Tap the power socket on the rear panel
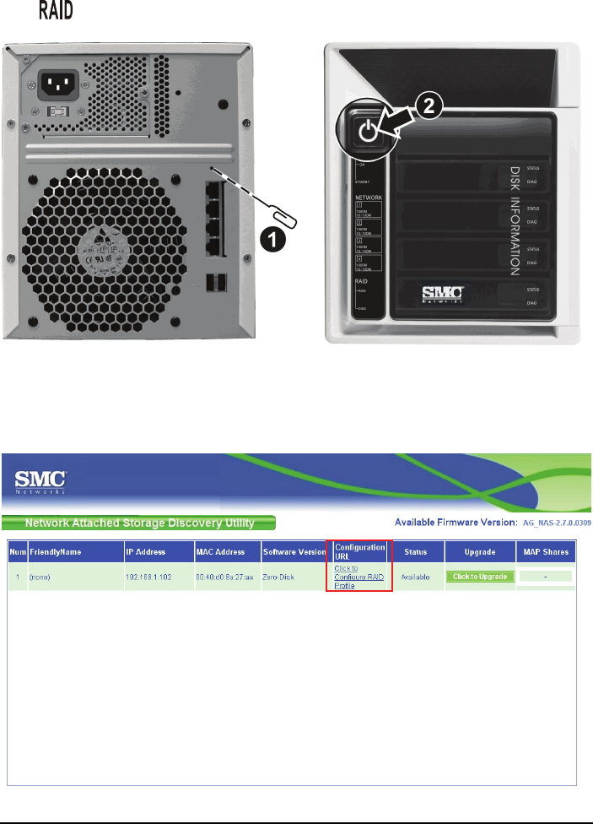tap(59, 82)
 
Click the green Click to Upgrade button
tap(479, 576)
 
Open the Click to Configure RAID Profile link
tap(358, 577)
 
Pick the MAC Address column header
tap(221, 552)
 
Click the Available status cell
tap(417, 577)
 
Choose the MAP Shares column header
tap(545, 552)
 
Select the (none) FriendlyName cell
tap(42, 577)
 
